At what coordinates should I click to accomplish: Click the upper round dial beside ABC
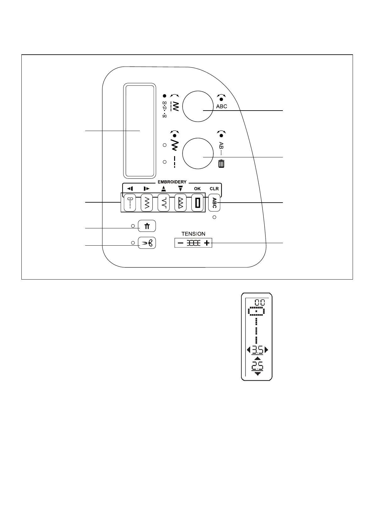[197, 106]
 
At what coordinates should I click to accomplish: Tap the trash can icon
[221, 164]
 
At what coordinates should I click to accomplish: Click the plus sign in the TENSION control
[206, 243]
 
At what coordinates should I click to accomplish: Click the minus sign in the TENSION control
[180, 243]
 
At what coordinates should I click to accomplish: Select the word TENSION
[193, 234]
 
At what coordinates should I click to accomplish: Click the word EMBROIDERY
[172, 182]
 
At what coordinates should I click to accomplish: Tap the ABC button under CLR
[214, 203]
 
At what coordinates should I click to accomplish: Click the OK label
[197, 189]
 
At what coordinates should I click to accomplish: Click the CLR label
[214, 189]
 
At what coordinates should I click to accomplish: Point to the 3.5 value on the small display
[257, 350]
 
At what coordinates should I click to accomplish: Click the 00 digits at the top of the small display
[260, 302]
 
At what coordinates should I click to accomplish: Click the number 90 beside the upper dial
[164, 116]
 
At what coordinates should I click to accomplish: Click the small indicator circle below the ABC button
[214, 217]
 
